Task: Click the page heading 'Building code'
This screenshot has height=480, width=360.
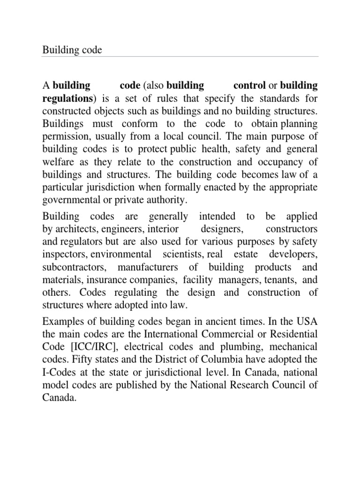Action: (x=72, y=49)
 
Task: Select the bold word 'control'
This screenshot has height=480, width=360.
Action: (x=249, y=86)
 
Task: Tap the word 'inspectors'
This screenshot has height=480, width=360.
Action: (x=64, y=255)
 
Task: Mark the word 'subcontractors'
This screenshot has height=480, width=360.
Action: (x=71, y=267)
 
